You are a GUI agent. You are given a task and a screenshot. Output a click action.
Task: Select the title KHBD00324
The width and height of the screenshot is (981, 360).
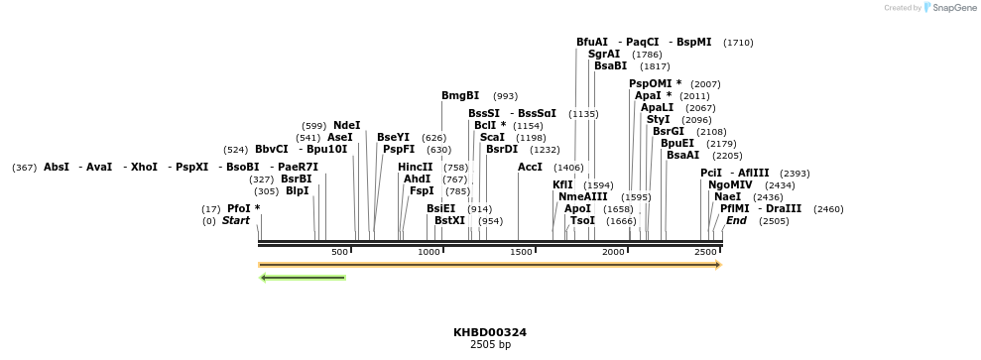point(489,332)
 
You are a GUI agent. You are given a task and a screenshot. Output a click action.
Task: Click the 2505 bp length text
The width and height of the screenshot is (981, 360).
point(489,345)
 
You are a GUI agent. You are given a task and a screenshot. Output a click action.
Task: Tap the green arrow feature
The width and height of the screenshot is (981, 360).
point(303,278)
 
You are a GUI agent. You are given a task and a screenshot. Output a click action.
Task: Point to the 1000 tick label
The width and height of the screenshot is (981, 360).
point(429,253)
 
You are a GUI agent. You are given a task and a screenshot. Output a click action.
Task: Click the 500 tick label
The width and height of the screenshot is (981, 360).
point(339,253)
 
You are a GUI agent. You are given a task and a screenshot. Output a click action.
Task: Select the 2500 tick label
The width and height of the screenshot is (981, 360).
point(705,253)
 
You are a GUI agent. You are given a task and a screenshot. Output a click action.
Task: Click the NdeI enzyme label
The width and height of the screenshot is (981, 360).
point(346,125)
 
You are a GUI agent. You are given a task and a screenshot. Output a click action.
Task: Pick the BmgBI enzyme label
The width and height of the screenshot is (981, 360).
point(460,96)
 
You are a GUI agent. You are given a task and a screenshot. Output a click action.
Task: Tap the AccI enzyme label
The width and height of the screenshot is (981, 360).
point(530,167)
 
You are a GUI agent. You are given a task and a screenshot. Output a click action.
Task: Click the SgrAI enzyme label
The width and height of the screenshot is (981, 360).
point(604,55)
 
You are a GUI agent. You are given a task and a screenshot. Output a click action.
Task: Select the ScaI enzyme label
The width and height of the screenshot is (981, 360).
point(492,137)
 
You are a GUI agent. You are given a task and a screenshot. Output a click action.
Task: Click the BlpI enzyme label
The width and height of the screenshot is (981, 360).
point(298,190)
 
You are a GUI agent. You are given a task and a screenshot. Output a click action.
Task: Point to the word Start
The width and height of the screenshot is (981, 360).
point(236,220)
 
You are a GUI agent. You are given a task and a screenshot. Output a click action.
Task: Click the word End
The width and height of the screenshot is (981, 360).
point(736,220)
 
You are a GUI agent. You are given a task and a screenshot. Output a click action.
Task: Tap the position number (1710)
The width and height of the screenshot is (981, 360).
point(738,43)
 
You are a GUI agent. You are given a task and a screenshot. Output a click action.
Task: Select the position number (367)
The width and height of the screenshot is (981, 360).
point(25,168)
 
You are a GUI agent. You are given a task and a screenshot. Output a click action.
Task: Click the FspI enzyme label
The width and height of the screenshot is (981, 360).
point(422,190)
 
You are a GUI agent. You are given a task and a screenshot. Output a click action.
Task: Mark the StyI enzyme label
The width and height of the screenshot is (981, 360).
point(658,119)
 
